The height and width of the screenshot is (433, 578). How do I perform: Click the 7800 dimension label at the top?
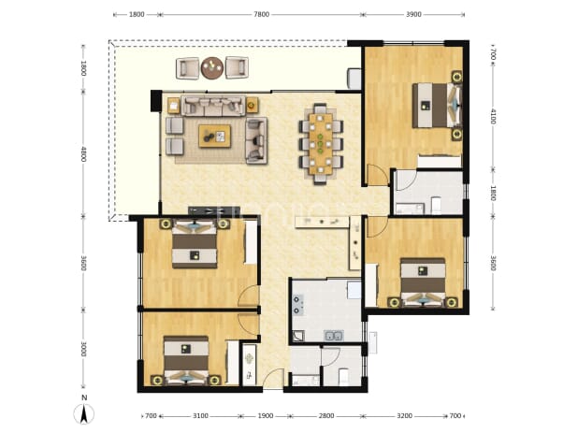261,14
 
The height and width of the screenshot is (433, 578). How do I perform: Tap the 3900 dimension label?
413,14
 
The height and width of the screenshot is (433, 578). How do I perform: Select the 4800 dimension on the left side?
83,154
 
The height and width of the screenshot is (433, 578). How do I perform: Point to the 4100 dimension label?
493,116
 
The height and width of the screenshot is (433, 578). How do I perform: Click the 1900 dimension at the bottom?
266,416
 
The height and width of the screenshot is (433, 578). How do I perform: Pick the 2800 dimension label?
326,416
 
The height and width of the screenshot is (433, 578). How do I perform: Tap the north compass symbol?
84,411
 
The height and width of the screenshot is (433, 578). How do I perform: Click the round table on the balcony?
212,68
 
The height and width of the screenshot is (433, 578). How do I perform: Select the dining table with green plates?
321,144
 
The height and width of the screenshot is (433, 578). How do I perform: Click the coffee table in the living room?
214,136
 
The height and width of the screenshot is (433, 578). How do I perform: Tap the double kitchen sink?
334,336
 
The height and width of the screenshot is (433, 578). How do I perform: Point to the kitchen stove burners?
297,304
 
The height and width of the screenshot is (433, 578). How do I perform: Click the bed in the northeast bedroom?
437,106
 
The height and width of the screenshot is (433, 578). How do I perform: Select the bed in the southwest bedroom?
186,359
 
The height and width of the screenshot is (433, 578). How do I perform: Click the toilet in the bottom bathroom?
343,376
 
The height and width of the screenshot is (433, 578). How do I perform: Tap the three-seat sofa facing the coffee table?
213,106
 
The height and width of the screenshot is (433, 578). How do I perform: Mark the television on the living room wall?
206,210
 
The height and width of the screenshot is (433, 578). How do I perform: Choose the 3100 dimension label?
200,416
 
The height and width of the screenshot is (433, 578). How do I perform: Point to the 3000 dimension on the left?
83,349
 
